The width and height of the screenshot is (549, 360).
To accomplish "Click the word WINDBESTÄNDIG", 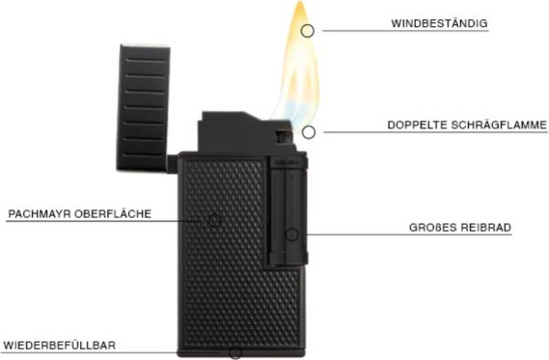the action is point(439,23).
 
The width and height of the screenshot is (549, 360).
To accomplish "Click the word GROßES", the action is point(432,227).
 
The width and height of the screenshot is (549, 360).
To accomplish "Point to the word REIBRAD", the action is point(485,227).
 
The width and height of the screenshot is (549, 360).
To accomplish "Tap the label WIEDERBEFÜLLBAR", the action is point(60,346).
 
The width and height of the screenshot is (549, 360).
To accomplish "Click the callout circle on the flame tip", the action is point(307,31).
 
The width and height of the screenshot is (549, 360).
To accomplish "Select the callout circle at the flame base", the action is point(308,132).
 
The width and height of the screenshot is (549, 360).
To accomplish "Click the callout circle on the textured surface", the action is point(214,220).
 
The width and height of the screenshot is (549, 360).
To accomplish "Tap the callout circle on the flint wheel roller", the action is point(292,235).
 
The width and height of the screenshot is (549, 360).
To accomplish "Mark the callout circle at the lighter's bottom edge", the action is point(234,353).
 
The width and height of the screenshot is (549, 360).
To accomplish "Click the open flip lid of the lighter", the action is point(144,108).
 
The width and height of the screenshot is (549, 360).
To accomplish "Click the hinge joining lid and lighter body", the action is point(173,164).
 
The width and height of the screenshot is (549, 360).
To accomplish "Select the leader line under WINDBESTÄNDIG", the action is point(405,31).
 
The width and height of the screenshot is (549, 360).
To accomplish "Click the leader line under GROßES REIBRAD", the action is point(409,235).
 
